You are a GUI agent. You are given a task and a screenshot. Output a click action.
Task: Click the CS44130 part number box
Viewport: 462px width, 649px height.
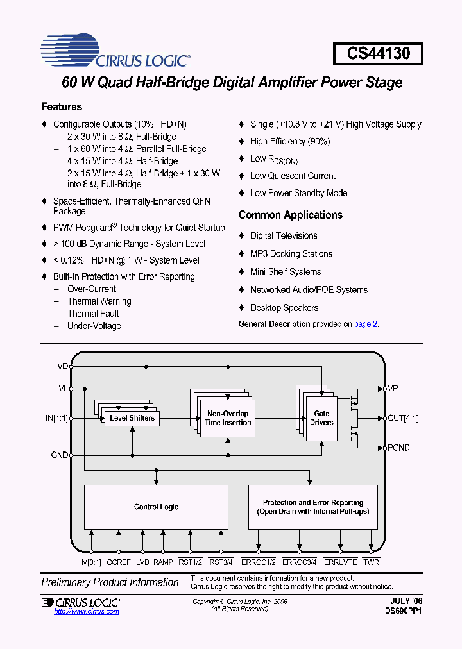[378, 53]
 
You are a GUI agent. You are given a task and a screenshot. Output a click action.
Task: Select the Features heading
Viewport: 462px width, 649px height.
[62, 107]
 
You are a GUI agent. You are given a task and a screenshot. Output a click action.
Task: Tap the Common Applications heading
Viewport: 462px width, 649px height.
[290, 215]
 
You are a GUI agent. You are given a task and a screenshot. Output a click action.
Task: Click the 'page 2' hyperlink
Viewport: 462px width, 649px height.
[366, 324]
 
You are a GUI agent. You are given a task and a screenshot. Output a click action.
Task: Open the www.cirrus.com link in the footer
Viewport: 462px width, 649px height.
[87, 612]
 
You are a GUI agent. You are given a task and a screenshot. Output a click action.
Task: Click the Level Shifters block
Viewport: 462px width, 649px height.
[132, 418]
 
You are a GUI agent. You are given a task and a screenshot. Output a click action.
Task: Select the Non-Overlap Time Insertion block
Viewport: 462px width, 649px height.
[228, 418]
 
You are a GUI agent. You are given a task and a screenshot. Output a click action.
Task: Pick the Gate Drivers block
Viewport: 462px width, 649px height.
[321, 418]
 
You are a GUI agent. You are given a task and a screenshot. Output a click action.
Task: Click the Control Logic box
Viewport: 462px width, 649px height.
[156, 507]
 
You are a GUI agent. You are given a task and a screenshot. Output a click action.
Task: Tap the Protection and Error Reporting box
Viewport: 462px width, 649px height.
[312, 507]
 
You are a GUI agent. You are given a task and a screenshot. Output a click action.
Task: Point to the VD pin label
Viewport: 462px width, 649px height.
[62, 367]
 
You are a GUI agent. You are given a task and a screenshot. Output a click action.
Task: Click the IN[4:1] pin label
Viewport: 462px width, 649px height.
[56, 418]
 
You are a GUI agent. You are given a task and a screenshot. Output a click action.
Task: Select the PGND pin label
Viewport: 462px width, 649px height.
[398, 448]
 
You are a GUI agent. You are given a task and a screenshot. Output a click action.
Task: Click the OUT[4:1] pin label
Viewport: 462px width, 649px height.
[403, 418]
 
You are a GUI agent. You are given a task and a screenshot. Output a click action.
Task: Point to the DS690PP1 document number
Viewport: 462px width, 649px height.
[404, 611]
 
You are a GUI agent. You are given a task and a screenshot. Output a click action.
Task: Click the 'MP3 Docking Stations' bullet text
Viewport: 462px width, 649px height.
[291, 254]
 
